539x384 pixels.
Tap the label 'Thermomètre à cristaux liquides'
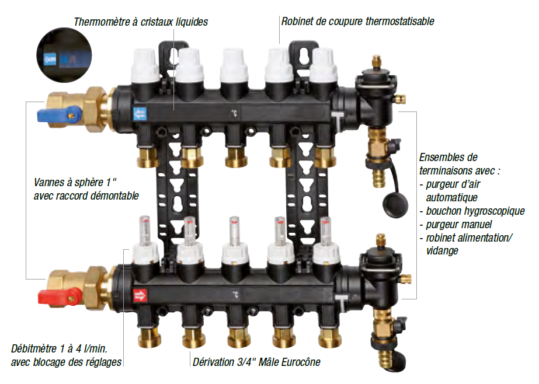click(141, 22)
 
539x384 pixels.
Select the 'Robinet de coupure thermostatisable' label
click(357, 22)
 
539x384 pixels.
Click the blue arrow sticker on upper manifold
click(139, 113)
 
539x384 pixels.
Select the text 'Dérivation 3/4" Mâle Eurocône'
click(256, 362)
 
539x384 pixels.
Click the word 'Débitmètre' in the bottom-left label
click(34, 349)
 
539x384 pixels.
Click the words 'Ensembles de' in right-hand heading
click(448, 158)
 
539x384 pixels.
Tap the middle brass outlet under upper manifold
click(235, 156)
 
